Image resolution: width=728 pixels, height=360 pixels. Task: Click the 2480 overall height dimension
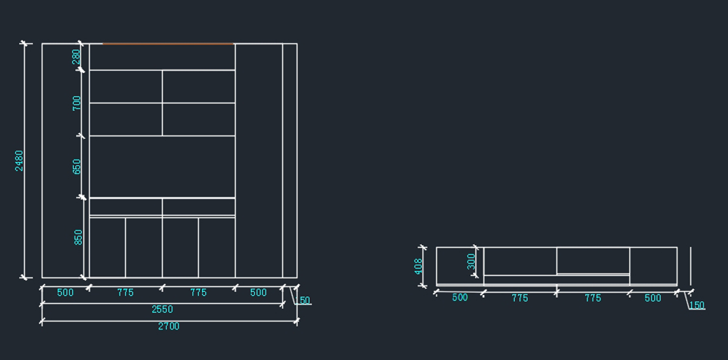tap(19, 160)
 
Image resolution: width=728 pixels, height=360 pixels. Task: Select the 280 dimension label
tap(76, 56)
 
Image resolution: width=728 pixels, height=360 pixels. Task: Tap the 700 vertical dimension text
tap(76, 103)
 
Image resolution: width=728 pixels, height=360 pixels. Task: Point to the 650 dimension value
tap(76, 166)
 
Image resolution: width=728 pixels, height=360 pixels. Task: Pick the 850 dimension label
tap(78, 237)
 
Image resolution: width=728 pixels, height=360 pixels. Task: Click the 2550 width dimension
tap(162, 309)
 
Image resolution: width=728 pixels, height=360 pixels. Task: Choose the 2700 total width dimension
tap(169, 326)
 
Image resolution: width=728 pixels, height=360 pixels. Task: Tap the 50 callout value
tap(305, 301)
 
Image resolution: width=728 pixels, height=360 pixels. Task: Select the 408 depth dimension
tap(419, 266)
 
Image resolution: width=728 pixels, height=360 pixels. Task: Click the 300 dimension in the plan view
tap(471, 262)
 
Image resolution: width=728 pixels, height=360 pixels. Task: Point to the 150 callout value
tap(697, 305)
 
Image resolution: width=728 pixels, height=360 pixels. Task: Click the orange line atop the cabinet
tap(168, 44)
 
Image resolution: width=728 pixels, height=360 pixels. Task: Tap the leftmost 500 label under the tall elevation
tap(65, 293)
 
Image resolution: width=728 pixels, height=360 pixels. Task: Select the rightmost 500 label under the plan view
tap(653, 298)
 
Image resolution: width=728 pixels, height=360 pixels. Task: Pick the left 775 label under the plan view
tap(520, 298)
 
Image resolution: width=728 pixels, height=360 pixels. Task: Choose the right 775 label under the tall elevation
tap(198, 293)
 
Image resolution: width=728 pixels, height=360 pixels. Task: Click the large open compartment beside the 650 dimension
tap(162, 166)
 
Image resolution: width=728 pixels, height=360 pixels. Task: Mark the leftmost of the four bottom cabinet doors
tap(107, 247)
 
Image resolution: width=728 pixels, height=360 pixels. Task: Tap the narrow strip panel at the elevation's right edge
tap(289, 160)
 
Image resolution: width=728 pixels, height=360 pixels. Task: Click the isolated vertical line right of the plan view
tap(690, 265)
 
